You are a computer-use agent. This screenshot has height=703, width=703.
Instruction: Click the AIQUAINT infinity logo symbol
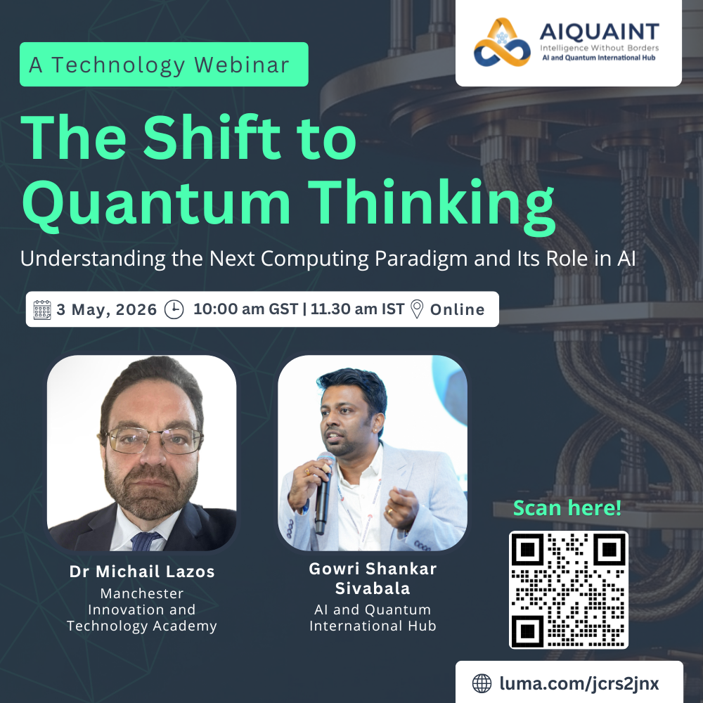[502, 42]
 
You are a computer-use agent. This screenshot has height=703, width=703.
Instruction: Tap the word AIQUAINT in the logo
[600, 32]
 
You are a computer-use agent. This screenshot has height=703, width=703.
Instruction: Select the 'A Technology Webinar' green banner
[164, 64]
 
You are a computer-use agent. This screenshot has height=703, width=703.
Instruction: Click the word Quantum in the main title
[157, 203]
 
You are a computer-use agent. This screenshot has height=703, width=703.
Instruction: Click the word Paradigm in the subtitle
[421, 259]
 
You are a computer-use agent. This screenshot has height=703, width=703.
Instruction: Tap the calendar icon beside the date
[42, 309]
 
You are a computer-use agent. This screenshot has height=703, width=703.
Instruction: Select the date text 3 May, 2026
[107, 309]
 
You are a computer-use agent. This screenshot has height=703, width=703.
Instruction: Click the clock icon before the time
[174, 309]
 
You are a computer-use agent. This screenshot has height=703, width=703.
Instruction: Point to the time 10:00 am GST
[245, 309]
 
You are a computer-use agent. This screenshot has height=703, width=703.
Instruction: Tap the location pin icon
[417, 309]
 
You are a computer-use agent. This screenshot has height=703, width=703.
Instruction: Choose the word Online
[458, 309]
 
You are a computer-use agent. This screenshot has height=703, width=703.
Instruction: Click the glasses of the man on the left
[154, 440]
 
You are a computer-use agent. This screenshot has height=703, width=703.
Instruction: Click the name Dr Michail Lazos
[142, 571]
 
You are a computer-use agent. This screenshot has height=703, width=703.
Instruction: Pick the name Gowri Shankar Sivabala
[373, 579]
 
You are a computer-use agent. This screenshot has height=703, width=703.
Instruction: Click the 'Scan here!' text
[567, 508]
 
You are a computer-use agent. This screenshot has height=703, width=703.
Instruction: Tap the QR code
[569, 590]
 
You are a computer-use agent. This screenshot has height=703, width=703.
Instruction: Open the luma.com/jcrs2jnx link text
[579, 683]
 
